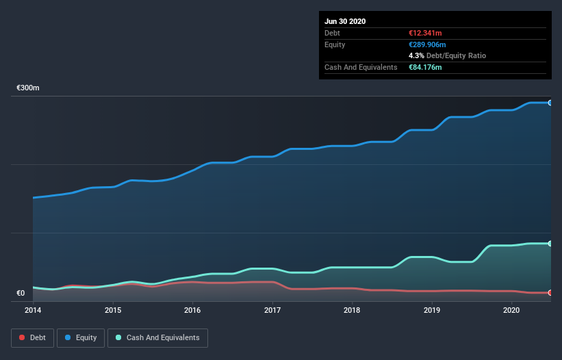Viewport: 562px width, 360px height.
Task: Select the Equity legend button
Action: click(81, 337)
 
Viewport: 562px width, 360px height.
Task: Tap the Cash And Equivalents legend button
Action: click(157, 337)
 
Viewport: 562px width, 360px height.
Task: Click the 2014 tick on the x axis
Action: click(33, 310)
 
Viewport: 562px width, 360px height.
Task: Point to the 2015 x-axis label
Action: click(113, 310)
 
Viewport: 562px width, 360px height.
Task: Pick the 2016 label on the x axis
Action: click(192, 310)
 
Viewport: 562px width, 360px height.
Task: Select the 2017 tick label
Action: click(272, 310)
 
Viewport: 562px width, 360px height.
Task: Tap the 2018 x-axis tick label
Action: click(352, 310)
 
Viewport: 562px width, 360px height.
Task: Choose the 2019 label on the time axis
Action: click(432, 310)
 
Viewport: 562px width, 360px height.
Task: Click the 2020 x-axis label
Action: click(511, 310)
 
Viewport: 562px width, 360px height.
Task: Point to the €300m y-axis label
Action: click(28, 88)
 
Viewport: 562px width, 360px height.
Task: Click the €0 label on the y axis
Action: click(21, 294)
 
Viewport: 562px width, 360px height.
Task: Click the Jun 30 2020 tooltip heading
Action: click(345, 21)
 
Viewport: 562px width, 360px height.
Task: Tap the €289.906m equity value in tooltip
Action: click(427, 44)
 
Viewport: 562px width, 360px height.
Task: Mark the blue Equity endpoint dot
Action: click(550, 103)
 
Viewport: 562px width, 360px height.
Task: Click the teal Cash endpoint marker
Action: click(550, 244)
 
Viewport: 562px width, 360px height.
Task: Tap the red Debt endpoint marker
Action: click(550, 293)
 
